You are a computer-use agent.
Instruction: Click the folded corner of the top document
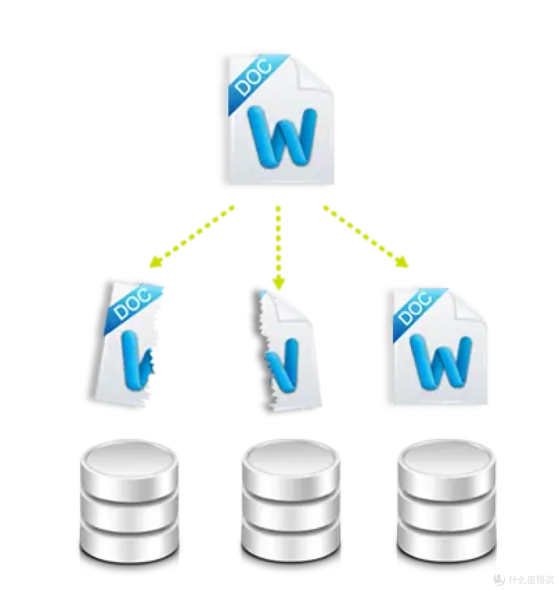point(313,76)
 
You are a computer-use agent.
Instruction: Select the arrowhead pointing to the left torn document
point(156,262)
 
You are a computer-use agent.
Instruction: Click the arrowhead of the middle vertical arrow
point(278,282)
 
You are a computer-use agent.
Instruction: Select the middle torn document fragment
point(288,351)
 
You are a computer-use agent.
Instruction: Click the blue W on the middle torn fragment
point(283,364)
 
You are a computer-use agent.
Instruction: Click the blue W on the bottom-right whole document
point(440,362)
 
